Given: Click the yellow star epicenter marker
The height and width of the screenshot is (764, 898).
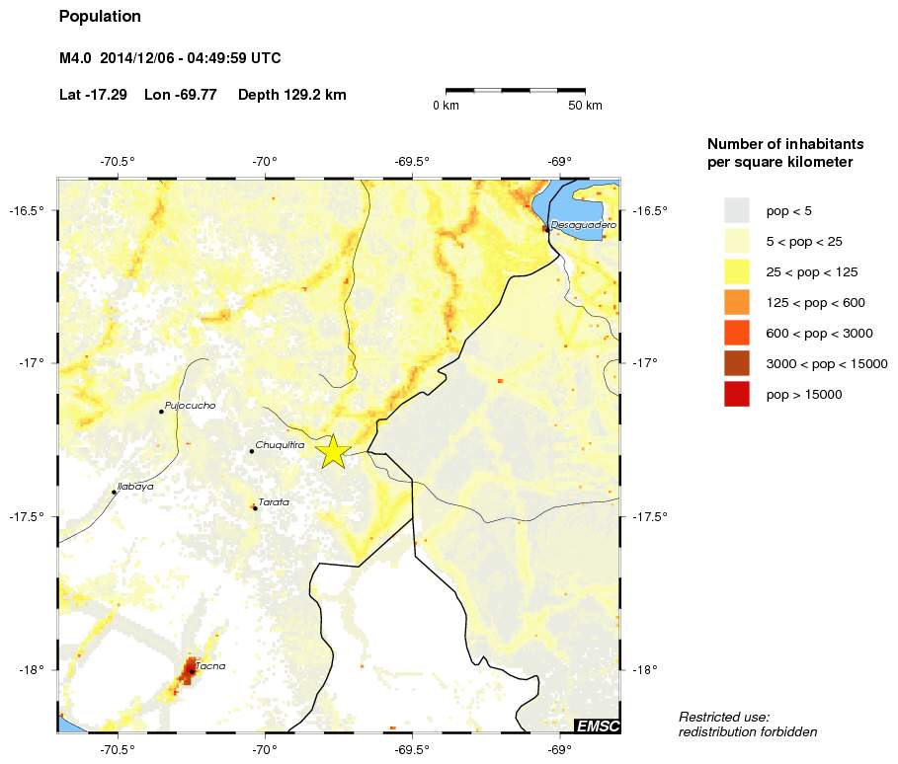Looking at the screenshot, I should click(x=334, y=451).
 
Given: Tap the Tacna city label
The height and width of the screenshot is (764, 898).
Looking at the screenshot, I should click(x=210, y=666).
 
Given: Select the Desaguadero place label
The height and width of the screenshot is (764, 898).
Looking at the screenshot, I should click(x=583, y=225).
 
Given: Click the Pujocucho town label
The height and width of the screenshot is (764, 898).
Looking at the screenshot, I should click(x=190, y=406).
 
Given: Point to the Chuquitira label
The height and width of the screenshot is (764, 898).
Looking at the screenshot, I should click(x=279, y=445).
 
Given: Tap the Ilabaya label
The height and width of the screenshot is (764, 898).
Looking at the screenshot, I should click(x=135, y=487).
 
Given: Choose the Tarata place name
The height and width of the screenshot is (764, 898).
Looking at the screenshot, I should click(x=274, y=502).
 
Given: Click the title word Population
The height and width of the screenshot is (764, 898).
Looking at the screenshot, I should click(x=100, y=17).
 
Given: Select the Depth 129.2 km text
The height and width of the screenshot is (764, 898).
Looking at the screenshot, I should click(x=291, y=95).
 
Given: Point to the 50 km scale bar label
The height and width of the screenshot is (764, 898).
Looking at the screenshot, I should click(x=585, y=106).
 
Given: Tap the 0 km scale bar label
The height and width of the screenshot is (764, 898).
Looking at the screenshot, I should click(x=446, y=106).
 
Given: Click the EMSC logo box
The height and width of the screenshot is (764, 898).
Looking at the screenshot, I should click(x=597, y=727).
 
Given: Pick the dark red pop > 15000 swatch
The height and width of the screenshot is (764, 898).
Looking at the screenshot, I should click(x=737, y=394).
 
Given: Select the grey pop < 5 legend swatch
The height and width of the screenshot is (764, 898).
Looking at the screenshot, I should click(x=737, y=210).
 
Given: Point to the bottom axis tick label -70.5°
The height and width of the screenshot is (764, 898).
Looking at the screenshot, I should click(x=118, y=747).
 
